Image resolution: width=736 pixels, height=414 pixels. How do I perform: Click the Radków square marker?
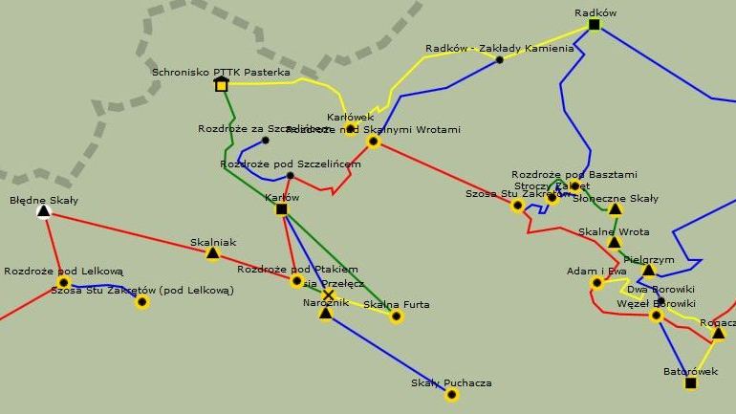594,25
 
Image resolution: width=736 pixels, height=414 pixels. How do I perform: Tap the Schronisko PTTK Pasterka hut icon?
222,84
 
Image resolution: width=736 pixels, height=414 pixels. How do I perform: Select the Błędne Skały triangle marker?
43,211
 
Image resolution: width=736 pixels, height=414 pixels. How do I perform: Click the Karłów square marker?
281,209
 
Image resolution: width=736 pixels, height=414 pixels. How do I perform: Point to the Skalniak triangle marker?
212,253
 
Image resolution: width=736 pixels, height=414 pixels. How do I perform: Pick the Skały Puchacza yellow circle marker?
451,395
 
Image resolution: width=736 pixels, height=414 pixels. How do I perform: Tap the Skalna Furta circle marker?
397,316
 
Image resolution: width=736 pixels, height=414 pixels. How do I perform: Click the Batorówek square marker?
690,383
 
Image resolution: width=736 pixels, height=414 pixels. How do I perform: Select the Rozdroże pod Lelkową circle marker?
63,282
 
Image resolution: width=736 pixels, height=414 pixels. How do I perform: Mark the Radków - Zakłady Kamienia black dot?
499,59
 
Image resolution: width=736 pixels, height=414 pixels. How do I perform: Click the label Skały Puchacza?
451,383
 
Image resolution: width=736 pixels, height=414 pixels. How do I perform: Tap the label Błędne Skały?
44,200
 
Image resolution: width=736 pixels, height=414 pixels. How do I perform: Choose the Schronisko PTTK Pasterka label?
221,72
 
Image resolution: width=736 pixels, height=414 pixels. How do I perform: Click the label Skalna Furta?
397,304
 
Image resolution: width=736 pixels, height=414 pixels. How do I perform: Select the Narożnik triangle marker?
326,313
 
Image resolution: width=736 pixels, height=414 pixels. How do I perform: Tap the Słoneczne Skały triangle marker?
616,208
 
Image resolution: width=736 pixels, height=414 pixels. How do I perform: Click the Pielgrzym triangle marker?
648,271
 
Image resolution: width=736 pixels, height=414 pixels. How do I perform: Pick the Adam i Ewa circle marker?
596,282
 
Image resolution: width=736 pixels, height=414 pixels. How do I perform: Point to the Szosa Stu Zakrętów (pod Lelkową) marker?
142,302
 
